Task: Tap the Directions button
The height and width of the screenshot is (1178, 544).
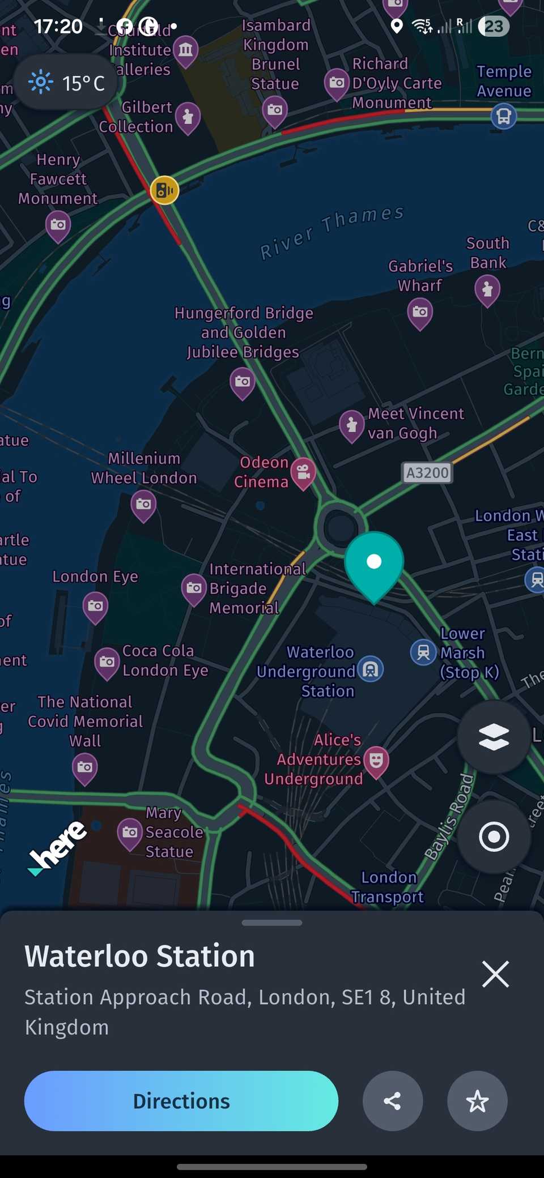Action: click(x=181, y=1101)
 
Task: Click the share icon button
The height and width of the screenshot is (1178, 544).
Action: click(x=392, y=1101)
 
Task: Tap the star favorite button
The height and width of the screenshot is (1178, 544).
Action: click(x=477, y=1101)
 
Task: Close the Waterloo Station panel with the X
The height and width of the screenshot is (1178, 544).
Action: click(x=495, y=974)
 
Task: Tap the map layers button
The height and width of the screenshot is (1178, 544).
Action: click(x=494, y=737)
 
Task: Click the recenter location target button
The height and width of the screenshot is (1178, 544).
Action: click(x=494, y=836)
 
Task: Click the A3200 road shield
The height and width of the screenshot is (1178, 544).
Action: click(x=427, y=472)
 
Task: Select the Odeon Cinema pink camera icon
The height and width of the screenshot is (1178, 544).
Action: click(x=304, y=471)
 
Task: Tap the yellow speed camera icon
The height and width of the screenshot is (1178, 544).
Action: click(x=164, y=190)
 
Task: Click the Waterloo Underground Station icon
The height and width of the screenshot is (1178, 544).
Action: click(x=371, y=669)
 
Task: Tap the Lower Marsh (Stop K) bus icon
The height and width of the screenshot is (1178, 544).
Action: click(x=423, y=652)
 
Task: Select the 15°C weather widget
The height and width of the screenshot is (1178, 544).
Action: click(x=66, y=83)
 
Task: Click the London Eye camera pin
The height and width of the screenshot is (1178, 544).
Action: click(x=95, y=606)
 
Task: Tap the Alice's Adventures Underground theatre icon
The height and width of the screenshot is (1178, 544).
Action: click(x=376, y=759)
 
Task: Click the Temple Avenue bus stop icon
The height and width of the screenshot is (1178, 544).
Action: click(x=503, y=116)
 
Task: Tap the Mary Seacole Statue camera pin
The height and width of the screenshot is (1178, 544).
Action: click(x=130, y=833)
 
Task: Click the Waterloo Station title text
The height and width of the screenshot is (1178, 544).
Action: click(x=140, y=957)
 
